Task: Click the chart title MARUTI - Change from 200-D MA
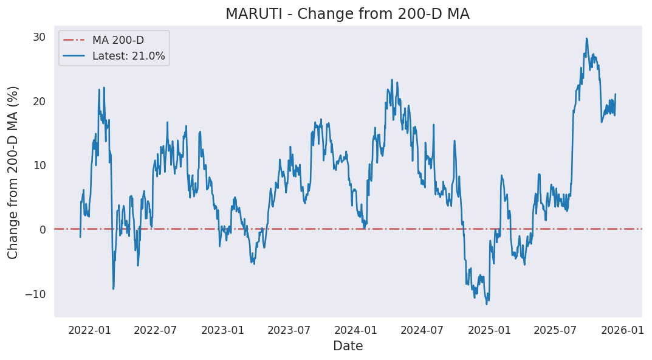347,14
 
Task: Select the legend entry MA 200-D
117,40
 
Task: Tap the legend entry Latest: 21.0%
128,56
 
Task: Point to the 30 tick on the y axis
39,37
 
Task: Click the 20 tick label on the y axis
39,101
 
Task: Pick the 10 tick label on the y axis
39,165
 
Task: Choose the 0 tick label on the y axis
42,229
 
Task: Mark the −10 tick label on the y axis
35,294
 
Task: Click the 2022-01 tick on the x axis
89,330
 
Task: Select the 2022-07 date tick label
155,330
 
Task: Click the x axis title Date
348,346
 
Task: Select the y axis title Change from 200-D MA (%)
13,172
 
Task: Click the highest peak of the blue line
586,38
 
